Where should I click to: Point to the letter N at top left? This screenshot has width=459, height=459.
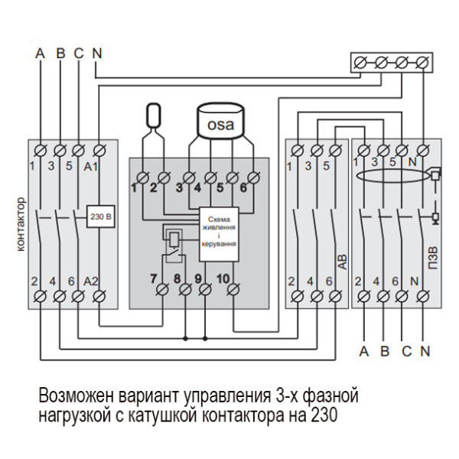96,54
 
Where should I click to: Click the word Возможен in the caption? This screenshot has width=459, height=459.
76,397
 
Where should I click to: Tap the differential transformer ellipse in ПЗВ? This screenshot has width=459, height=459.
390,179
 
